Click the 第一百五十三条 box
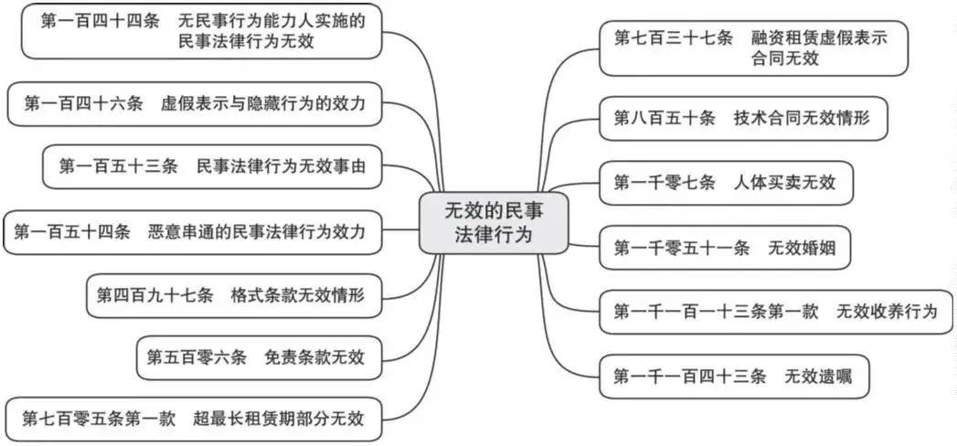point(212,166)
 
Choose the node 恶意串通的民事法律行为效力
point(189,232)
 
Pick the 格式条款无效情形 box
point(233,295)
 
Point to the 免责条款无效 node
point(255,357)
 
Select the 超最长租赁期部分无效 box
point(194,419)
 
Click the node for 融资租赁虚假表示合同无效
point(753,48)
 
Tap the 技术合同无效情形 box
point(742,119)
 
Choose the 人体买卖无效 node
point(728,182)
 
